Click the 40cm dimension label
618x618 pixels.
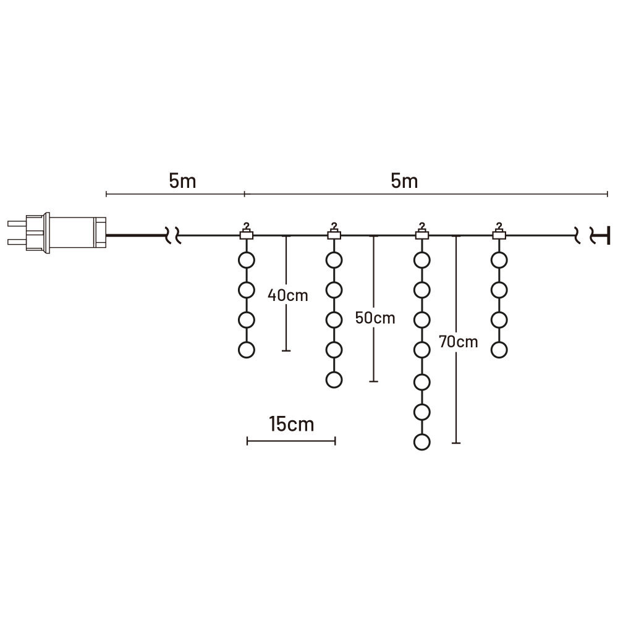(287, 295)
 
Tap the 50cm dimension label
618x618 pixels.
(375, 318)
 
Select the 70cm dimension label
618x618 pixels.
(458, 341)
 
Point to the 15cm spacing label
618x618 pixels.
(291, 425)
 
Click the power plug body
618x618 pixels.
(74, 234)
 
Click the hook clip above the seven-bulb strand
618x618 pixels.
(421, 233)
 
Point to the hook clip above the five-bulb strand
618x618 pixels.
(334, 233)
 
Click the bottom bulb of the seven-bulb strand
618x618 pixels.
(421, 442)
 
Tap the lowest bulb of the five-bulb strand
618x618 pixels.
(334, 380)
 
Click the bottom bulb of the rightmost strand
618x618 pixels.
(499, 350)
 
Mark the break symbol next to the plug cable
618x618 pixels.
(173, 235)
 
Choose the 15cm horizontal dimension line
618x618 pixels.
(291, 441)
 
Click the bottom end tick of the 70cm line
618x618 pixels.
(456, 442)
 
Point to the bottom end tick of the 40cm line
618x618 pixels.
(286, 351)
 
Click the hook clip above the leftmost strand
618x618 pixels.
(247, 233)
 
